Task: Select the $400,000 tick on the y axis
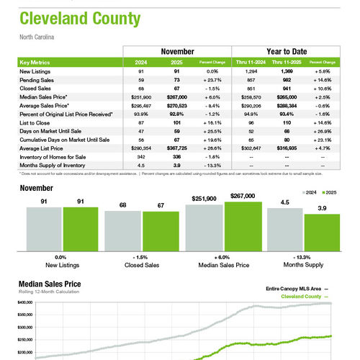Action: [25, 303]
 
